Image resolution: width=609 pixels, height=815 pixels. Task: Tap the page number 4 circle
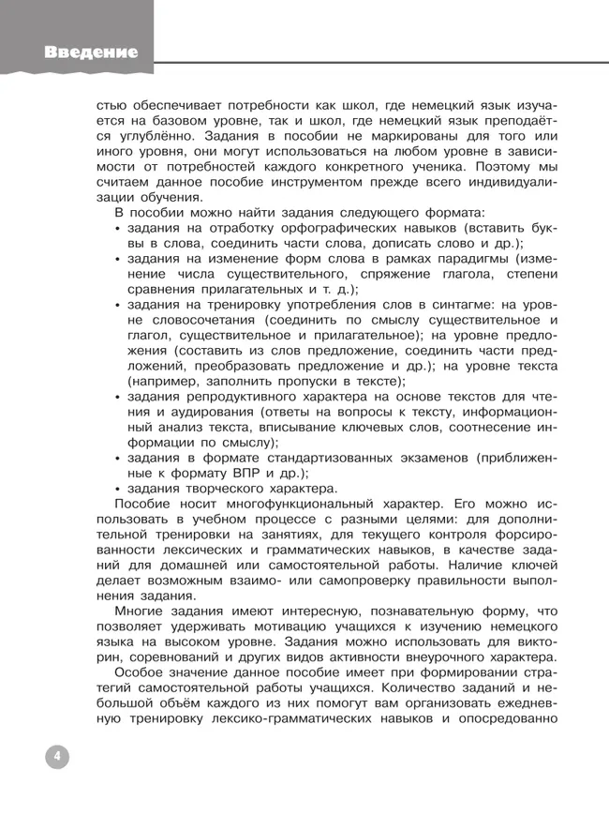point(56,757)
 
